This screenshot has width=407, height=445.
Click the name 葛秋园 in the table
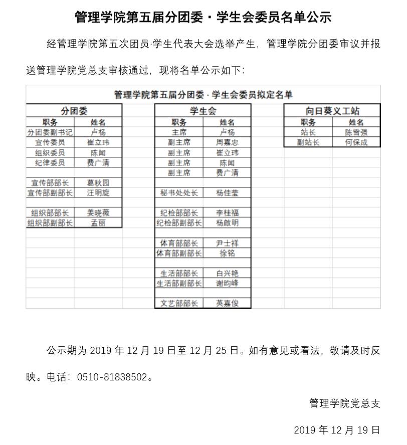click(98, 183)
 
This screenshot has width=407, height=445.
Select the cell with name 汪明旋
click(98, 193)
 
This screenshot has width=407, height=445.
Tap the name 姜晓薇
click(98, 213)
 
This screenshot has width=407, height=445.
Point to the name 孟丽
click(98, 223)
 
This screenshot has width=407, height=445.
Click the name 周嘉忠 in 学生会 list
click(227, 142)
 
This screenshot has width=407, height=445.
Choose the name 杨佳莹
click(227, 193)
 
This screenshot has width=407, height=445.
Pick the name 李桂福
click(227, 213)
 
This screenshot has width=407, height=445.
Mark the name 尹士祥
click(227, 243)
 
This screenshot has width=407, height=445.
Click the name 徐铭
click(227, 253)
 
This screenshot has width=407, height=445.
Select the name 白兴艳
click(227, 273)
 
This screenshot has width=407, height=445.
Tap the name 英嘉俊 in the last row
click(227, 303)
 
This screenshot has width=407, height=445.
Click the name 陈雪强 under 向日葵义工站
click(356, 132)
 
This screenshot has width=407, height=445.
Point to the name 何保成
click(356, 142)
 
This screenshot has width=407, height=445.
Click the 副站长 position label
click(308, 142)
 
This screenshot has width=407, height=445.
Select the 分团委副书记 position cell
click(50, 132)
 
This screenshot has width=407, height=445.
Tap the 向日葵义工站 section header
click(332, 111)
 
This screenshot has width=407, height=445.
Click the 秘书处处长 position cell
click(179, 193)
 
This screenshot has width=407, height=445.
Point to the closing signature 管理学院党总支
click(345, 403)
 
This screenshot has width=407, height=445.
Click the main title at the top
click(203, 18)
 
